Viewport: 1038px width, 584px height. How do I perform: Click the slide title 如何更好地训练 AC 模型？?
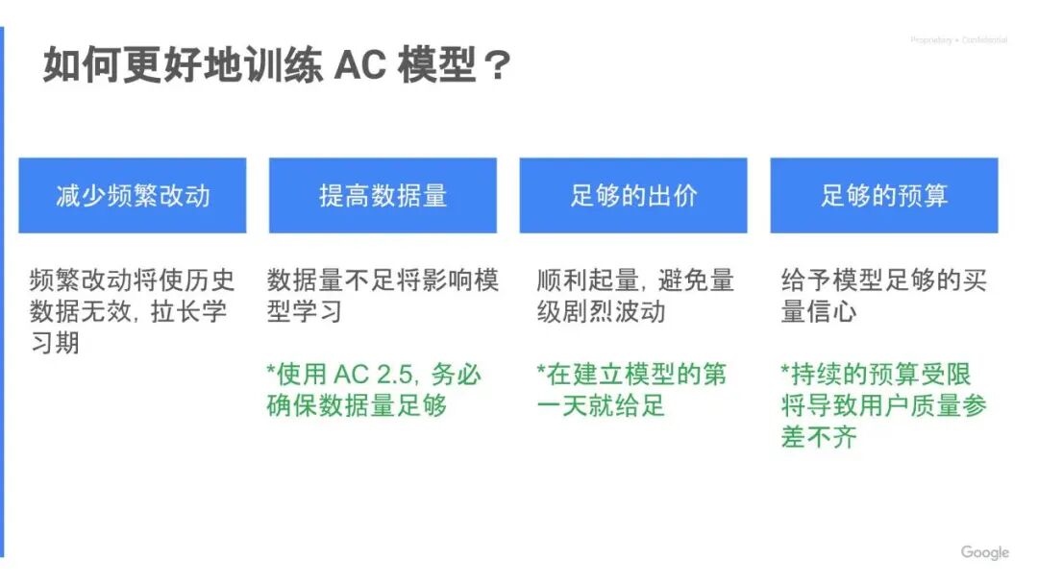(277, 66)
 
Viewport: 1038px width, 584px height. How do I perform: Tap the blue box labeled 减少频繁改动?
(133, 196)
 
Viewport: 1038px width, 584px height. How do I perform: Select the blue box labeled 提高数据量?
(383, 196)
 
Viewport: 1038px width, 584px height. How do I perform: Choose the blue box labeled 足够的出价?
(633, 196)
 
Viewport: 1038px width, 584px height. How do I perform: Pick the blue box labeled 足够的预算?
(884, 196)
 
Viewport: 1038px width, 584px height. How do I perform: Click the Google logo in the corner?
(984, 552)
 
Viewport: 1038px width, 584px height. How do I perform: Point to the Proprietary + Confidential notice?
(958, 40)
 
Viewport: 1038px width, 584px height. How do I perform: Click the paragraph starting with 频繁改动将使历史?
(132, 311)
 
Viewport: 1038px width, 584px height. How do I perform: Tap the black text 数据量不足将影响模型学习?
(383, 296)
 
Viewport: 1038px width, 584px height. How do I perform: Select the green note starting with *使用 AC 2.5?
(374, 389)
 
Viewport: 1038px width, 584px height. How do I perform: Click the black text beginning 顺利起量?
(635, 296)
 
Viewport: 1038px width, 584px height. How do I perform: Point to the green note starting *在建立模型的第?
(631, 389)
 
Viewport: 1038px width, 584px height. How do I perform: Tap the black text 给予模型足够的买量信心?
(883, 296)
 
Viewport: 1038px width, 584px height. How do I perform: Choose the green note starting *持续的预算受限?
(883, 404)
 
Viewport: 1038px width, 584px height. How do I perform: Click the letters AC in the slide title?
(358, 66)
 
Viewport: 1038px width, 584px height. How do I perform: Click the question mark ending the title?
(497, 66)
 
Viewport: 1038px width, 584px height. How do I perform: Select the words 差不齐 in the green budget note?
(819, 437)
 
